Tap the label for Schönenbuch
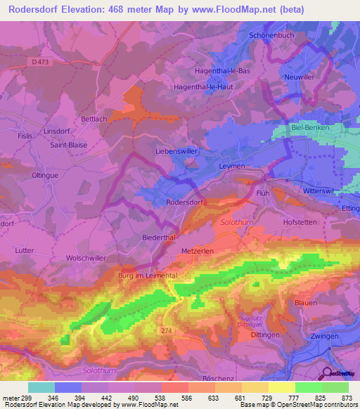[x=270, y=35]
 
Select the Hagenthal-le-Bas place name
[x=221, y=71]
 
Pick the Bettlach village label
[x=94, y=119]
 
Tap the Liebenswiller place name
[x=176, y=151]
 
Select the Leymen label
[x=231, y=167]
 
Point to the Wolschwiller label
[x=86, y=258]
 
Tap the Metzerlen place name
[x=198, y=250]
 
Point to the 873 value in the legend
[x=345, y=397]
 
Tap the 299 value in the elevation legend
[x=24, y=397]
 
